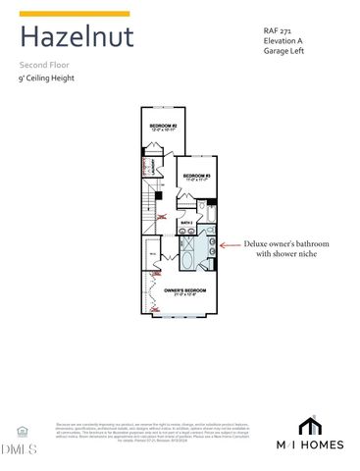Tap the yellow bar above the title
75,14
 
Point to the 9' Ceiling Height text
47,78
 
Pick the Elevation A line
285,41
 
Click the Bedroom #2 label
163,128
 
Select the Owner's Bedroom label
183,290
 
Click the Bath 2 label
186,224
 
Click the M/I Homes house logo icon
310,425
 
